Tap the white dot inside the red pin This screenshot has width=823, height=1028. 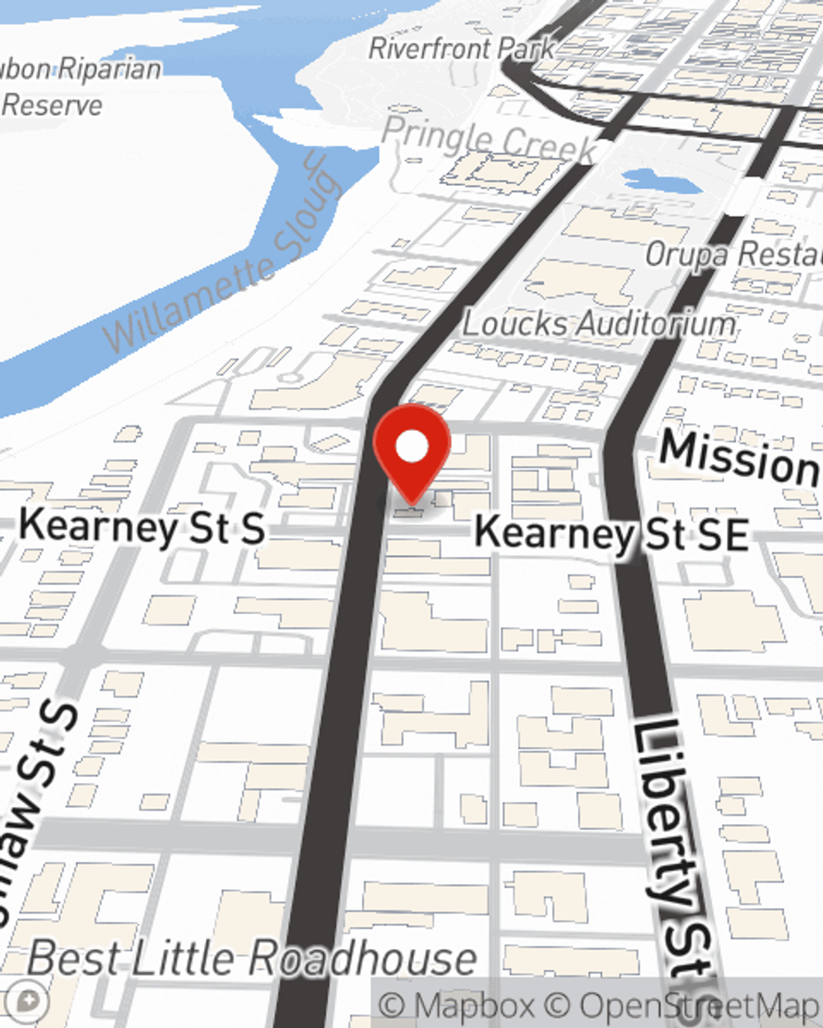pyautogui.click(x=412, y=447)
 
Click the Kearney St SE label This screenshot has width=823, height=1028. pyautogui.click(x=611, y=534)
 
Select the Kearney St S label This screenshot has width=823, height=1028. pyautogui.click(x=142, y=526)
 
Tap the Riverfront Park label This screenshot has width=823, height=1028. pyautogui.click(x=462, y=49)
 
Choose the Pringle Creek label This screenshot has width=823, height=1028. pyautogui.click(x=489, y=138)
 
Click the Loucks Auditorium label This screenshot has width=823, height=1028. pyautogui.click(x=598, y=323)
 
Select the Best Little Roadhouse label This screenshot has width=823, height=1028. pyautogui.click(x=252, y=959)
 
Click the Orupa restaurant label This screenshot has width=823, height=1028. pyautogui.click(x=732, y=255)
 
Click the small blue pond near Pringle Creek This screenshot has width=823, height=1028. pyautogui.click(x=650, y=180)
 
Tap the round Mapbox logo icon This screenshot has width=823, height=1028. pyautogui.click(x=28, y=1002)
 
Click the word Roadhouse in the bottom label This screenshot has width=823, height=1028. pyautogui.click(x=363, y=959)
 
